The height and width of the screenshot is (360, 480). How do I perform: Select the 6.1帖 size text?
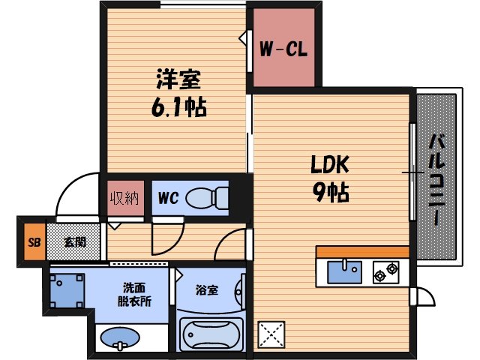[179, 106]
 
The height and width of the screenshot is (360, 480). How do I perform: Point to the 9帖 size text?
[329, 193]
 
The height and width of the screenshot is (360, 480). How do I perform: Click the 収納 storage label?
[124, 199]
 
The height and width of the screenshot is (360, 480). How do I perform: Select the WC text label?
[166, 199]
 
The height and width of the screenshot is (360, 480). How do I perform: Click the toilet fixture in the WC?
[207, 198]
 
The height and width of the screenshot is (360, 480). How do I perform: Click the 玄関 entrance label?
[73, 242]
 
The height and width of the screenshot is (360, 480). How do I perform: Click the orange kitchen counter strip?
[362, 252]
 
